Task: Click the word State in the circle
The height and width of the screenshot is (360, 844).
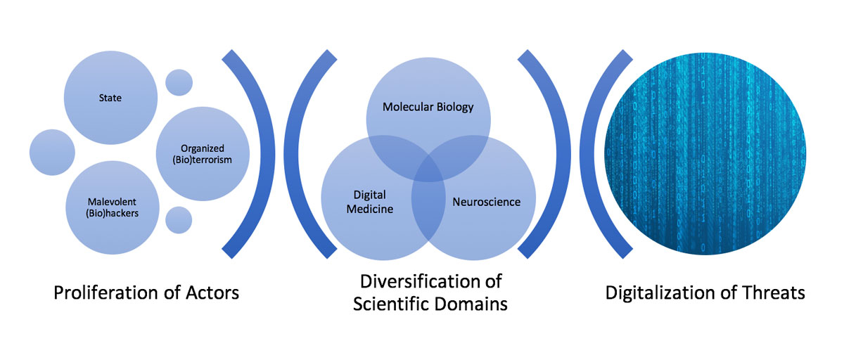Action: [110, 98]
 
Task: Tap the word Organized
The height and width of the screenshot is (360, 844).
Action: [202, 148]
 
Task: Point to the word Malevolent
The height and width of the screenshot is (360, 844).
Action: [110, 201]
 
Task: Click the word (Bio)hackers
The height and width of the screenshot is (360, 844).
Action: [110, 212]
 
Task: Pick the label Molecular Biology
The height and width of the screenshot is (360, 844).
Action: [428, 108]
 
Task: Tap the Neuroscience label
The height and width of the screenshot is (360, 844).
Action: [486, 202]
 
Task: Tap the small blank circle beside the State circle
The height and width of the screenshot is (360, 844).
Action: [179, 83]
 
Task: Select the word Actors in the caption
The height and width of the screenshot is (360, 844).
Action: [208, 292]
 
